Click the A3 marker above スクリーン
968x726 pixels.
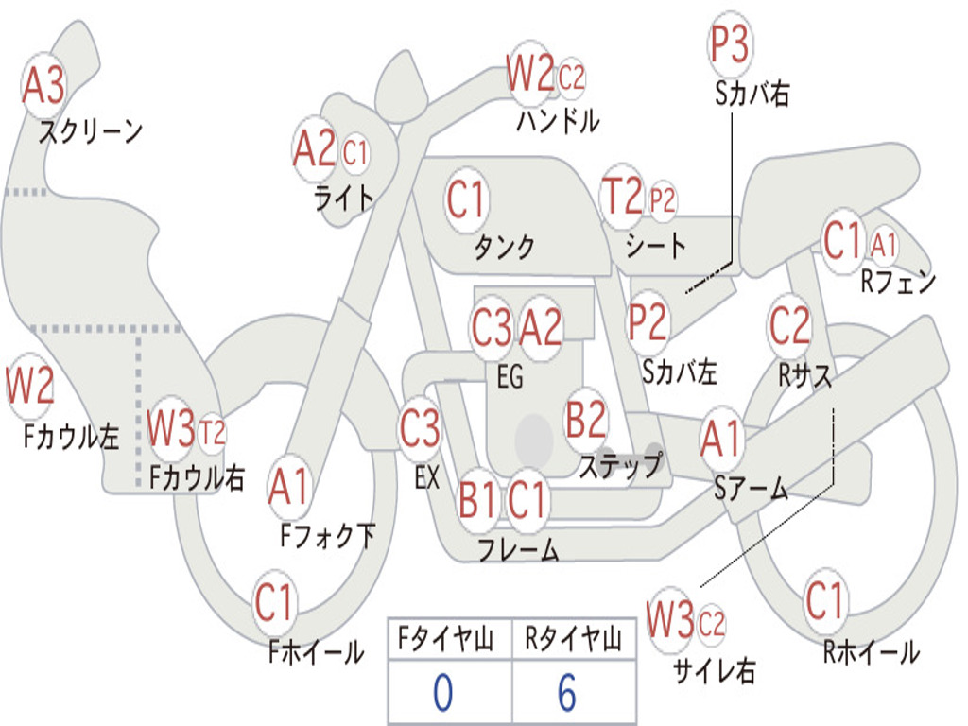(43, 85)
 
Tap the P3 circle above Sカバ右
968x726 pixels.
(730, 43)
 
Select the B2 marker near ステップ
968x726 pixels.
(586, 419)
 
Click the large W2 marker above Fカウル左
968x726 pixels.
(29, 386)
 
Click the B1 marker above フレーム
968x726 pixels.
(477, 499)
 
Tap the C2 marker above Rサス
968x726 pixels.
(789, 325)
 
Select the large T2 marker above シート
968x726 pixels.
(622, 197)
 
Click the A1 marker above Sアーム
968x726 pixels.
(721, 439)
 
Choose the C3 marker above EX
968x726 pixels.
(421, 428)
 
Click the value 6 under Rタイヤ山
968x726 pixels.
(567, 693)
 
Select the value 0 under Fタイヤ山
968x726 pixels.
(442, 693)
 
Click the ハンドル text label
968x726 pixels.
(558, 121)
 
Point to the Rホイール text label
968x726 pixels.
(871, 652)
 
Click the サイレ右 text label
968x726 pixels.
(715, 671)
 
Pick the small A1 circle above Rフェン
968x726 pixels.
(884, 245)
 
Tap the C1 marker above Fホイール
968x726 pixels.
(273, 602)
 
